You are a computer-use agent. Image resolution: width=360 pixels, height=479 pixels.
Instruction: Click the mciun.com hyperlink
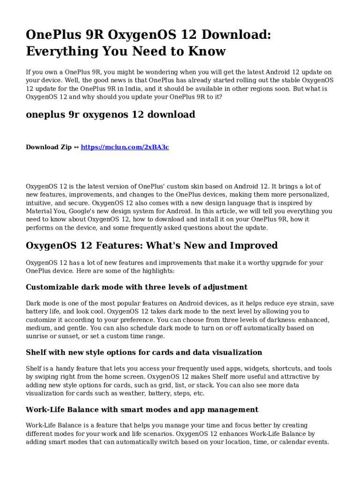125,147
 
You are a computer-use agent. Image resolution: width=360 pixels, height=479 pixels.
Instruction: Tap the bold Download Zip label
49,147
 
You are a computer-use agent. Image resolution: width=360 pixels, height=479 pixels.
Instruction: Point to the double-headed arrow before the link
76,147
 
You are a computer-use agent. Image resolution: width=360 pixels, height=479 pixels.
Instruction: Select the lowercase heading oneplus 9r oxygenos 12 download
110,115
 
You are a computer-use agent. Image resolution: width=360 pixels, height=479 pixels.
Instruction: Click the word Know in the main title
207,51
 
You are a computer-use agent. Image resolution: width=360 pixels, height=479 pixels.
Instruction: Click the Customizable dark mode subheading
137,287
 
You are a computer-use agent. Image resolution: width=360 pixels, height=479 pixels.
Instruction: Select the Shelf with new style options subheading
144,352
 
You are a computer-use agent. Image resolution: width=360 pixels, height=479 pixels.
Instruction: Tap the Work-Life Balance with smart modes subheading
142,409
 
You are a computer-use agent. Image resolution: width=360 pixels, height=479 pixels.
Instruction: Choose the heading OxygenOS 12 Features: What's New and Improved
152,246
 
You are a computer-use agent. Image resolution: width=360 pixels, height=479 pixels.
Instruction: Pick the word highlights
159,271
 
